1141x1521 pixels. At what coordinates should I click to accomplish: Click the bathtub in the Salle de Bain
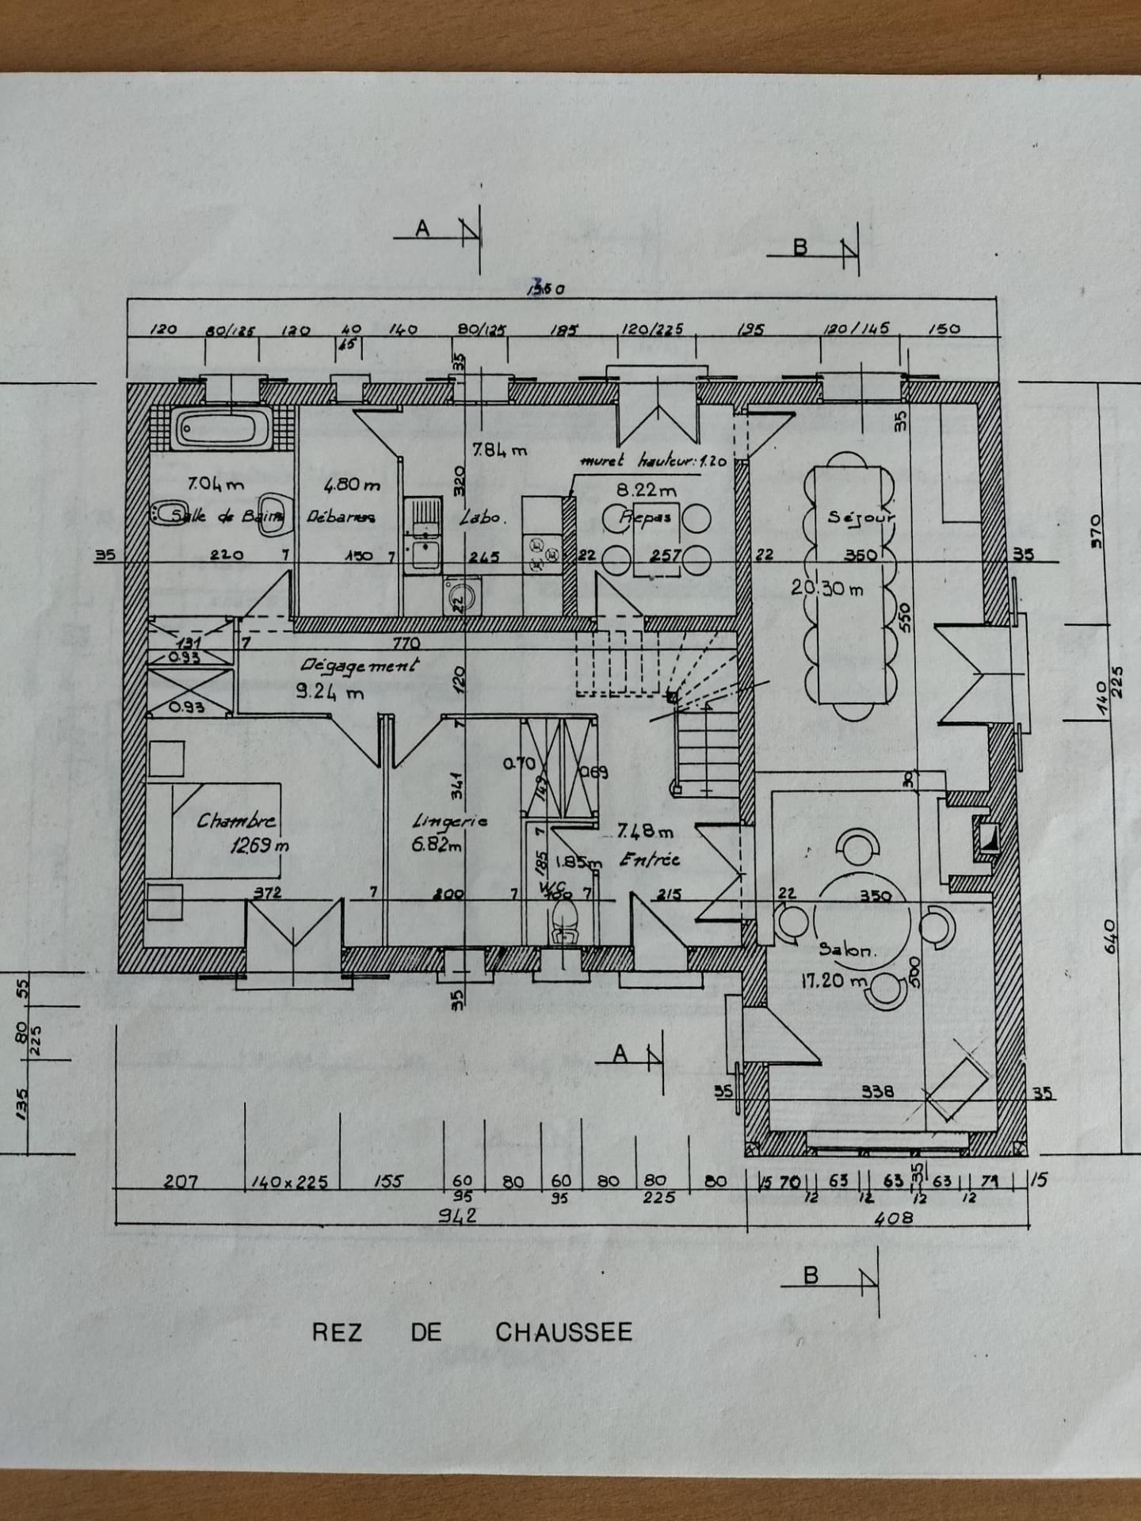pyautogui.click(x=222, y=429)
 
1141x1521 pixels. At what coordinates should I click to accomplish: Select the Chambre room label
pyautogui.click(x=236, y=821)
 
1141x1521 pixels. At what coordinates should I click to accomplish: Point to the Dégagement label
pyautogui.click(x=360, y=665)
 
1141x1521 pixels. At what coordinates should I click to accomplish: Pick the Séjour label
pyautogui.click(x=861, y=517)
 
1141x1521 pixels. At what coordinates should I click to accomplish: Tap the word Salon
pyautogui.click(x=847, y=949)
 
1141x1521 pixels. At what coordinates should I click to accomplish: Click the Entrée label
pyautogui.click(x=650, y=860)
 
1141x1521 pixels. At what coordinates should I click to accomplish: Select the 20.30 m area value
pyautogui.click(x=826, y=589)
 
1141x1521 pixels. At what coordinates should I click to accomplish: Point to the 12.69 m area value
pyautogui.click(x=259, y=846)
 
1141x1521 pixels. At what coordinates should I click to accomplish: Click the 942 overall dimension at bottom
pyautogui.click(x=457, y=1215)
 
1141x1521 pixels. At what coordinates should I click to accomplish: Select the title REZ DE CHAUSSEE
pyautogui.click(x=472, y=1332)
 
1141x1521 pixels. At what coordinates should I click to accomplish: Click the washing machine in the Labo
pyautogui.click(x=461, y=596)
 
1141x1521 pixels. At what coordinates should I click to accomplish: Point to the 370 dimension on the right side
pyautogui.click(x=1096, y=531)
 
